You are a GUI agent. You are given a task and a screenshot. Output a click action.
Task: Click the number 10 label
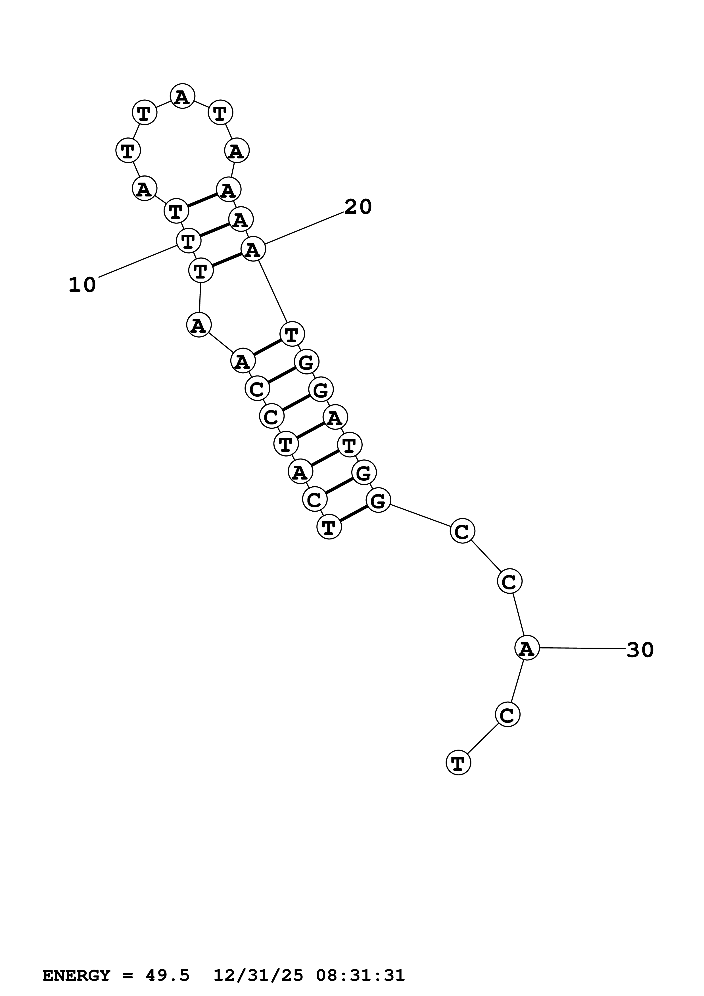tap(82, 285)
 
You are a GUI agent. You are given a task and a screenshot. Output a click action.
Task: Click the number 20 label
tap(358, 207)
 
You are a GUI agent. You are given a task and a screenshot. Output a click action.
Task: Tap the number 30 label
tap(640, 650)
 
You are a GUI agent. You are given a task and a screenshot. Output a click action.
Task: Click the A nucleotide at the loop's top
tap(182, 96)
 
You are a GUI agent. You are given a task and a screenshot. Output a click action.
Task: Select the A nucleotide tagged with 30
tap(527, 648)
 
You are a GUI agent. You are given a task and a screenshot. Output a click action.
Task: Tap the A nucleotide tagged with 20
tap(253, 250)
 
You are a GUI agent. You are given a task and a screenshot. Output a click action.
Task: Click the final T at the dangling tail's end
tap(458, 763)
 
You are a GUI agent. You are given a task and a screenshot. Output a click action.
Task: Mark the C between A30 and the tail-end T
tap(507, 714)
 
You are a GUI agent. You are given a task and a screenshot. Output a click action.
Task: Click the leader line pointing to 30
tap(581, 648)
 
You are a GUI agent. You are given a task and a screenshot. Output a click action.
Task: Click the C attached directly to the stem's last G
tap(462, 531)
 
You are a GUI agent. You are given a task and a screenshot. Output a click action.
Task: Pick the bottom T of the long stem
tap(329, 527)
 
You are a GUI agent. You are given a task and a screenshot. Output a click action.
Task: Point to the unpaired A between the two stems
tap(199, 325)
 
